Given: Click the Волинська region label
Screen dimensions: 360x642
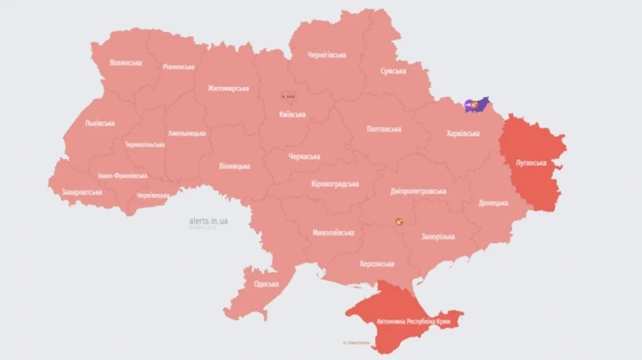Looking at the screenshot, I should [x=126, y=63].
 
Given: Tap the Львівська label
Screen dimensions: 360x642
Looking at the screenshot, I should [x=100, y=123].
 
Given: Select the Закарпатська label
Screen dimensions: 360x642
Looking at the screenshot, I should [x=81, y=192].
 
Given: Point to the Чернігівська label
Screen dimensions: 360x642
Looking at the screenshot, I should [x=327, y=55].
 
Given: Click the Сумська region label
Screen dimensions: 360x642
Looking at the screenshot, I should [x=393, y=71].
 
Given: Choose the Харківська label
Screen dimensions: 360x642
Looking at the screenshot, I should [x=462, y=133].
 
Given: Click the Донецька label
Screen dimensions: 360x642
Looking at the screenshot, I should [x=494, y=203].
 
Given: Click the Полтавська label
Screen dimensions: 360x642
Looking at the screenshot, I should [x=383, y=129].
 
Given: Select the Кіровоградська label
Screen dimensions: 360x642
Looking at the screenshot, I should [x=335, y=184].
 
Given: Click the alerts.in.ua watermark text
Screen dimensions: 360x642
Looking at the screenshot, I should [x=208, y=221].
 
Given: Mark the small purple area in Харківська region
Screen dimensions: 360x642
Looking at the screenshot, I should [x=477, y=105].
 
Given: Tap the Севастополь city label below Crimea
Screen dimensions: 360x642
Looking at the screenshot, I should [x=356, y=343].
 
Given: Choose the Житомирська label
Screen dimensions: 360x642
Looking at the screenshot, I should [x=228, y=88].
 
